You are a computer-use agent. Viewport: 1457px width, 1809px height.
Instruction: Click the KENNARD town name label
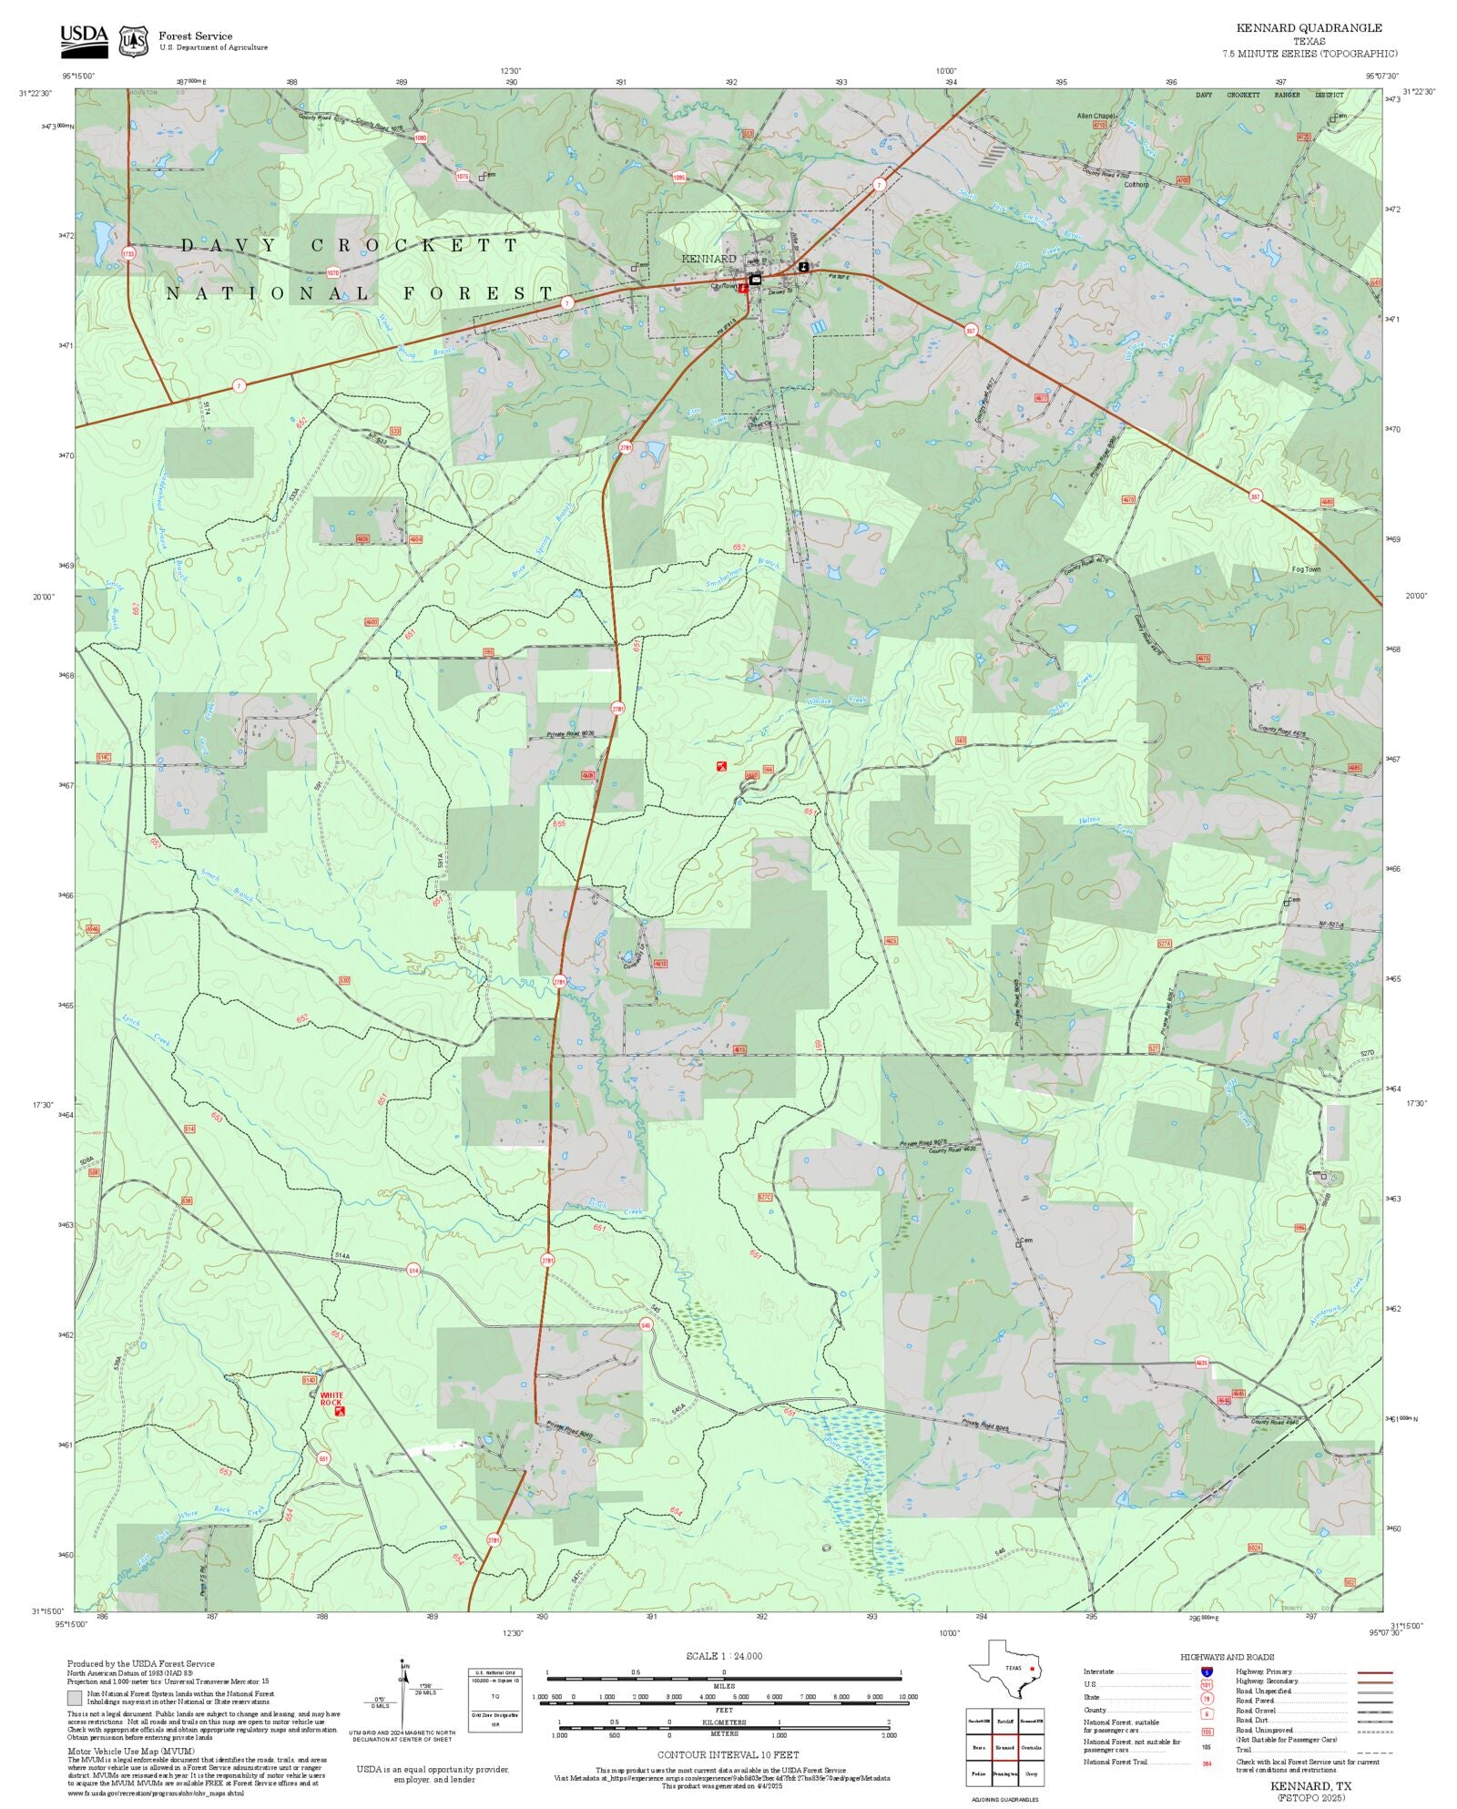708,259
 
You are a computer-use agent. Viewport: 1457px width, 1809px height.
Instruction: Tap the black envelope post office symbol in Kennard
756,280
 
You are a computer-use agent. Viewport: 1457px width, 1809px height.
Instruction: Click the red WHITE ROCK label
331,1398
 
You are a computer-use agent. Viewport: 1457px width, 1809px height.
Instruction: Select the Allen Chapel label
1095,116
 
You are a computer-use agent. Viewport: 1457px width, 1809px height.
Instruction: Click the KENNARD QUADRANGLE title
1309,28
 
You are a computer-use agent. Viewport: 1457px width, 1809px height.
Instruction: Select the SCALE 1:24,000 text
724,1656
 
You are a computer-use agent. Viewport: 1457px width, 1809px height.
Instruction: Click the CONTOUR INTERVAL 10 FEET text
728,1754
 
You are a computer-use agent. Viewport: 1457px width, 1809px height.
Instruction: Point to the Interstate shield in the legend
1206,1672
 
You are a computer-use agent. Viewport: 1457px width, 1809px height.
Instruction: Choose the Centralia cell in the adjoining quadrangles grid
1031,1747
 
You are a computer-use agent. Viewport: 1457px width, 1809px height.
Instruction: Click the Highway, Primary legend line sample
1374,1672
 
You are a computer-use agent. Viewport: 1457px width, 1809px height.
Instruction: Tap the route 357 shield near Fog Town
1256,496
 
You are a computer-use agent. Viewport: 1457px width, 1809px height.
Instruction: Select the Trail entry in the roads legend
1243,1750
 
